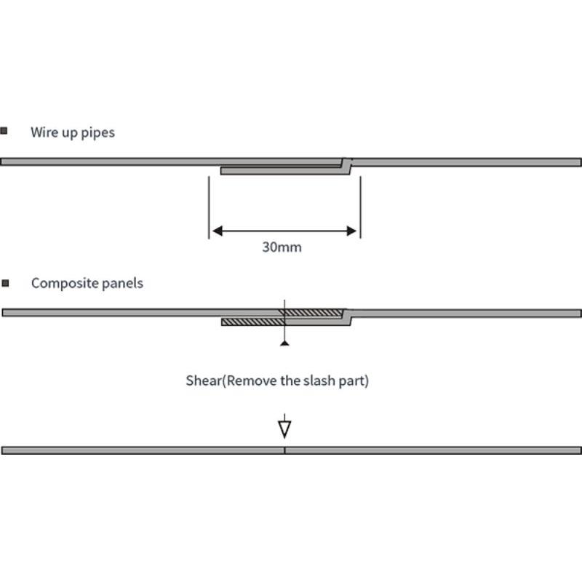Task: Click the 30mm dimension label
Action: coord(282,247)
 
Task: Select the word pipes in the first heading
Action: coord(97,133)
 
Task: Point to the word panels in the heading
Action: coord(122,283)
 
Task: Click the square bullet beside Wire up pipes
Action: coord(4,131)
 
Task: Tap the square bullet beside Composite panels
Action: coord(5,283)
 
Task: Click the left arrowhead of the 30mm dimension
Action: coord(218,231)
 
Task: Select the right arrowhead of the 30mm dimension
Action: coord(351,231)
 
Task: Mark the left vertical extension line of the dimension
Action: coord(209,207)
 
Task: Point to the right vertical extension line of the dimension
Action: coord(360,207)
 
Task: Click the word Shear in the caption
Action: coord(204,380)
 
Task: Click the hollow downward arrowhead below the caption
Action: coord(284,429)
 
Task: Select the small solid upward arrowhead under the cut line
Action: coord(284,343)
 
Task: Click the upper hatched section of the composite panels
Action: coord(312,313)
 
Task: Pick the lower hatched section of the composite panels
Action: coord(253,322)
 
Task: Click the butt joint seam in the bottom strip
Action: coord(284,450)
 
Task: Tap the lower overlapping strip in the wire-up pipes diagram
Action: coord(285,171)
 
